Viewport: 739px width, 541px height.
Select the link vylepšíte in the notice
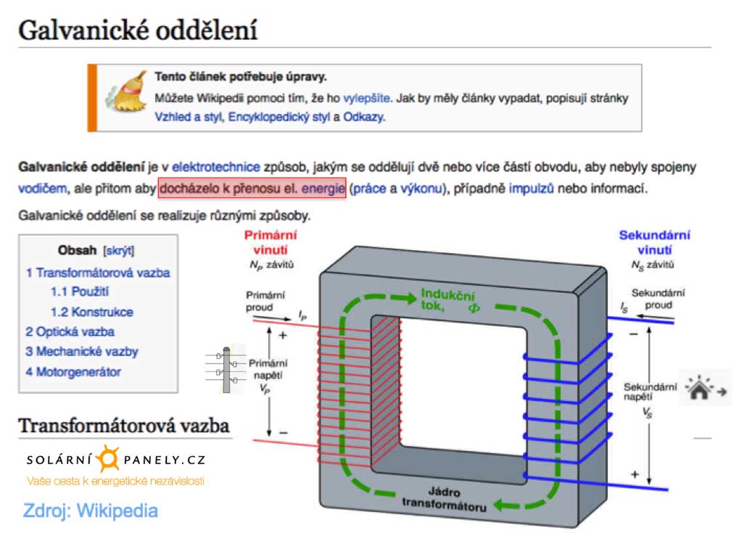pyautogui.click(x=367, y=98)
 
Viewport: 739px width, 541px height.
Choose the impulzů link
pyautogui.click(x=532, y=189)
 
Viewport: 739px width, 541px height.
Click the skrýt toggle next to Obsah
pyautogui.click(x=119, y=251)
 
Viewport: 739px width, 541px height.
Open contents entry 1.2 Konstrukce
pyautogui.click(x=91, y=312)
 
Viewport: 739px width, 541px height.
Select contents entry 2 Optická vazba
pyautogui.click(x=70, y=331)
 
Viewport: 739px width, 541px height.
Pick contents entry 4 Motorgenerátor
pyautogui.click(x=73, y=372)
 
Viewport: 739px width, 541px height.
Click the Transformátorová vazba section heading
pyautogui.click(x=124, y=426)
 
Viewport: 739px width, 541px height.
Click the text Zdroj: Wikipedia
pyautogui.click(x=91, y=510)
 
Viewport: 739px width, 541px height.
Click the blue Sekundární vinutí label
pyautogui.click(x=654, y=242)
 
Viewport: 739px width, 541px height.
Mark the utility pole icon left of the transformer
pyautogui.click(x=227, y=370)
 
